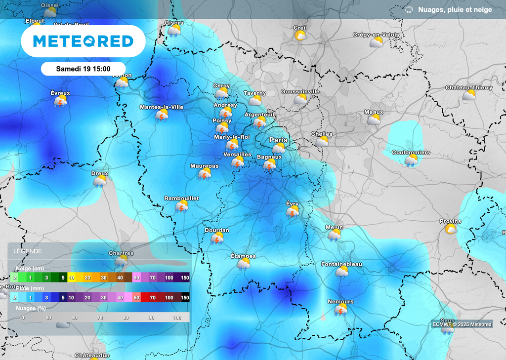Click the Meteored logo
(83, 41)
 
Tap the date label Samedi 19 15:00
(83, 69)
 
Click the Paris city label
(278, 140)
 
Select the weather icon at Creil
(300, 36)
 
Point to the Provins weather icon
(451, 229)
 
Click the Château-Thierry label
(469, 87)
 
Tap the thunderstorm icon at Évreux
(61, 101)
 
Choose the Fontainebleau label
(341, 264)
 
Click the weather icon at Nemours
(340, 310)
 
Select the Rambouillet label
(181, 198)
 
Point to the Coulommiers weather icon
(411, 160)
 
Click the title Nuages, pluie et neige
(455, 10)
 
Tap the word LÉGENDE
(27, 251)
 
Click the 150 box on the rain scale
(185, 297)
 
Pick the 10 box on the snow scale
(72, 278)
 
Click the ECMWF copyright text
(462, 324)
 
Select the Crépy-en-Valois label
(376, 35)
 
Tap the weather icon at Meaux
(374, 120)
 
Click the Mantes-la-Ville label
(162, 107)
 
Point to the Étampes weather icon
(243, 264)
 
